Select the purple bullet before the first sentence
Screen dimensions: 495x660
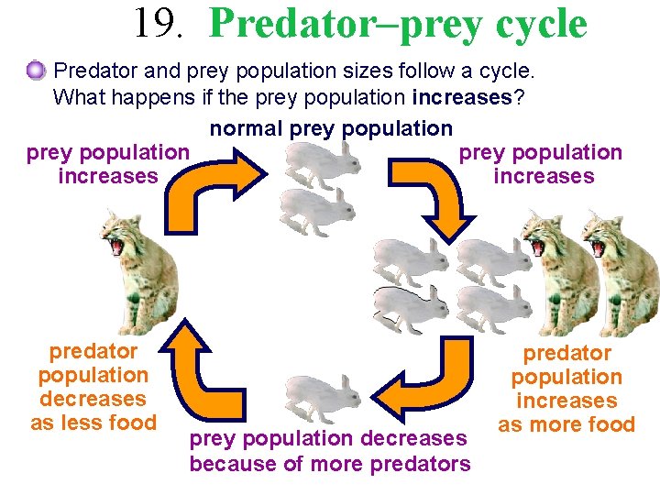(36, 69)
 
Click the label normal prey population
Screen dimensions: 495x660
(331, 129)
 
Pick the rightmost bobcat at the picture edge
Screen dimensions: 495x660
(624, 275)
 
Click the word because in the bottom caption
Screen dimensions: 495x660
(233, 465)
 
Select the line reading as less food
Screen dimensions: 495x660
(93, 423)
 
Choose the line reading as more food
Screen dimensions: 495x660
(566, 424)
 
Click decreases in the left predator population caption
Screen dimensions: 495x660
(93, 399)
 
